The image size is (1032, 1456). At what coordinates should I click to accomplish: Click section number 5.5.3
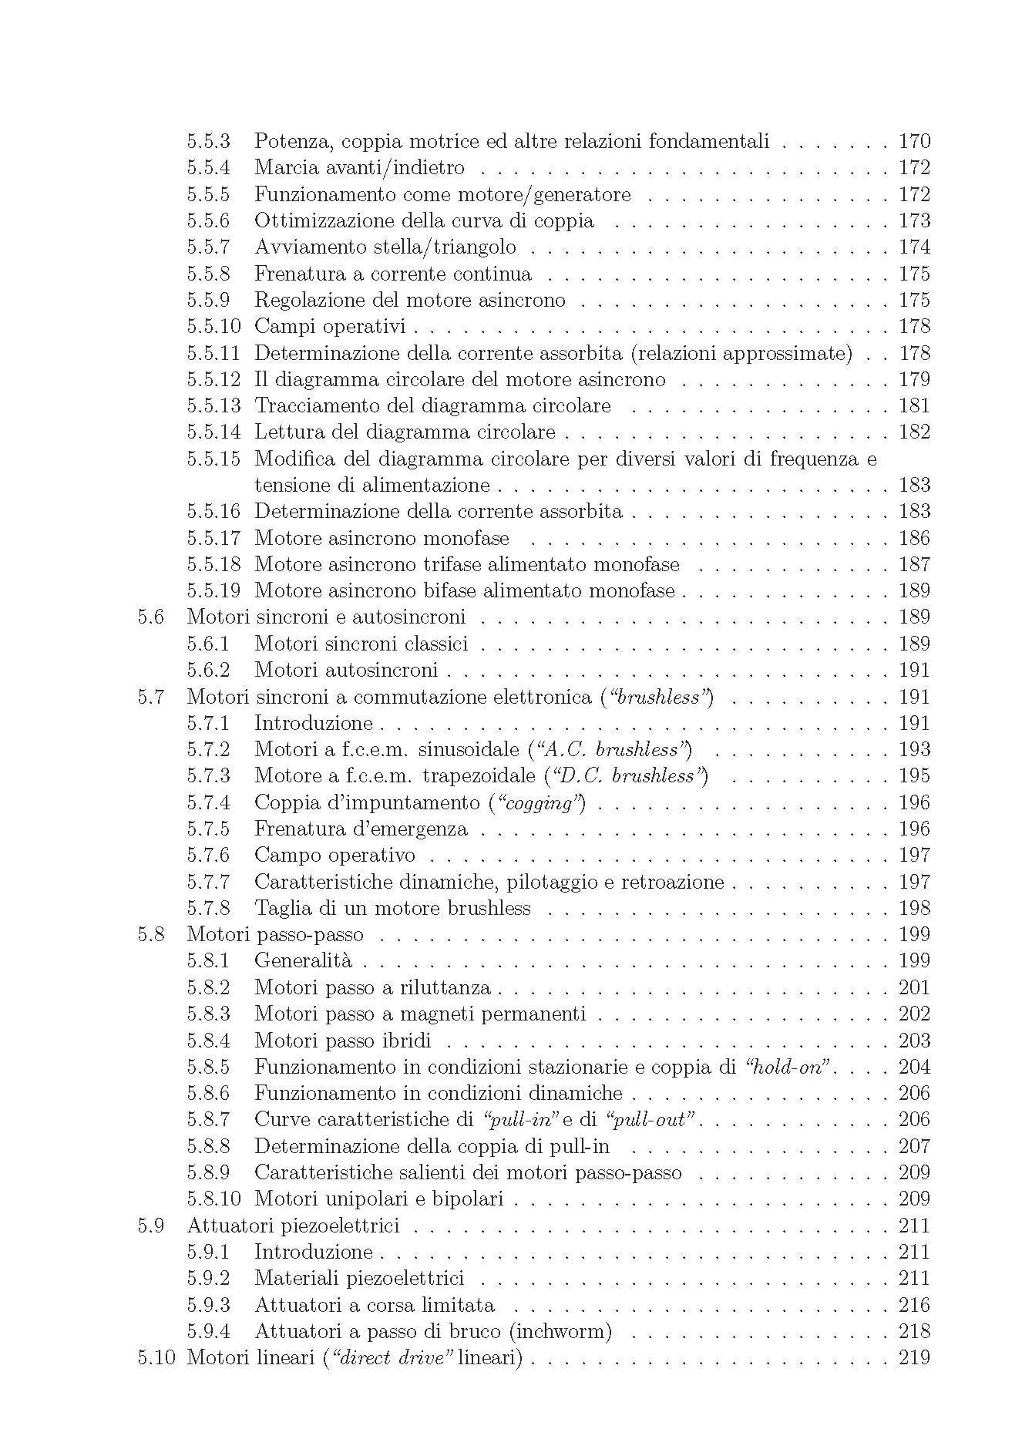(208, 142)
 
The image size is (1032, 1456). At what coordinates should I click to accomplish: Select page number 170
(914, 142)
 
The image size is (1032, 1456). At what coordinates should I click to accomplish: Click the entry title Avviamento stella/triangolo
(385, 247)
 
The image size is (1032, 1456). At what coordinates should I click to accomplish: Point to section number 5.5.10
(213, 327)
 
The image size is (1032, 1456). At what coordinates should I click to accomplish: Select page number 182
(914, 432)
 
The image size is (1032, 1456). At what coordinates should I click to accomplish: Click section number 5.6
(151, 617)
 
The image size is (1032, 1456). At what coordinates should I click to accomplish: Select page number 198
(914, 909)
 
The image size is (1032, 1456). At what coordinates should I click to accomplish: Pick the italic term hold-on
(789, 1068)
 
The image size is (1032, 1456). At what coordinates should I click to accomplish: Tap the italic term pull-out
(650, 1120)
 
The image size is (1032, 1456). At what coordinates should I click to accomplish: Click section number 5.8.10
(213, 1199)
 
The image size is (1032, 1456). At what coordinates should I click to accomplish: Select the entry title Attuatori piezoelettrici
(293, 1226)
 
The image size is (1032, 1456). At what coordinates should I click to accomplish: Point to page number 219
(914, 1358)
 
